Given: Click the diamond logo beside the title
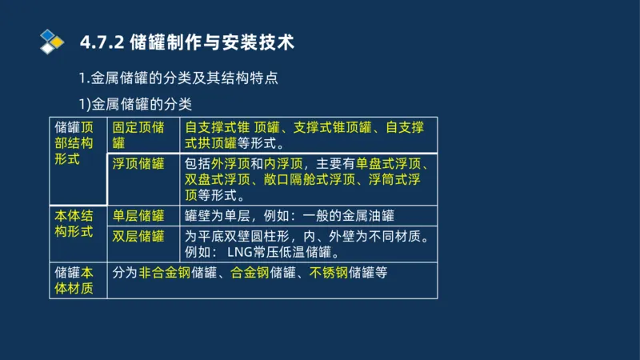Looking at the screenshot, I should pos(51,42).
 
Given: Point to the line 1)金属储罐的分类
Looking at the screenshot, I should pos(134,104).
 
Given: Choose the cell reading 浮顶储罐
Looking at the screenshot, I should pos(138,164).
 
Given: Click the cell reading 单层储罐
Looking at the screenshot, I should pos(138,215).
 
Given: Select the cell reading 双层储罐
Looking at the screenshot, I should pos(138,236).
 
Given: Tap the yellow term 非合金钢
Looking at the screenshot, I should pos(164,272).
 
